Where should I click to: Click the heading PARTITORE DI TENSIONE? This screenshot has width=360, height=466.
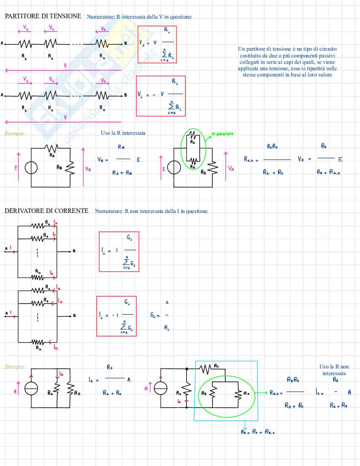43,16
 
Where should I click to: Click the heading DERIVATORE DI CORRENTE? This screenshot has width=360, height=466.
46,210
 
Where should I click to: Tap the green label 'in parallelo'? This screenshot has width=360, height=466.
222,134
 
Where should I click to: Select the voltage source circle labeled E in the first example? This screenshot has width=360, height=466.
31,168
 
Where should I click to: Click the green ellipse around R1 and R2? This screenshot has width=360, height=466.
194,148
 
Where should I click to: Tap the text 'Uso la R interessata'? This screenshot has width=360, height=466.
123,133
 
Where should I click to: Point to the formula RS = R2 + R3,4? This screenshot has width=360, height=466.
257,432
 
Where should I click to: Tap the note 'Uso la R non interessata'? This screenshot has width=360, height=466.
334,370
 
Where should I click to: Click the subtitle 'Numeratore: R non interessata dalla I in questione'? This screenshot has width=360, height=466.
151,211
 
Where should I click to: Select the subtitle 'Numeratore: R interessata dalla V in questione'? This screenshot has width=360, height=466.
139,17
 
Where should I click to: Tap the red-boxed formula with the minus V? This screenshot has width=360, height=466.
160,95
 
